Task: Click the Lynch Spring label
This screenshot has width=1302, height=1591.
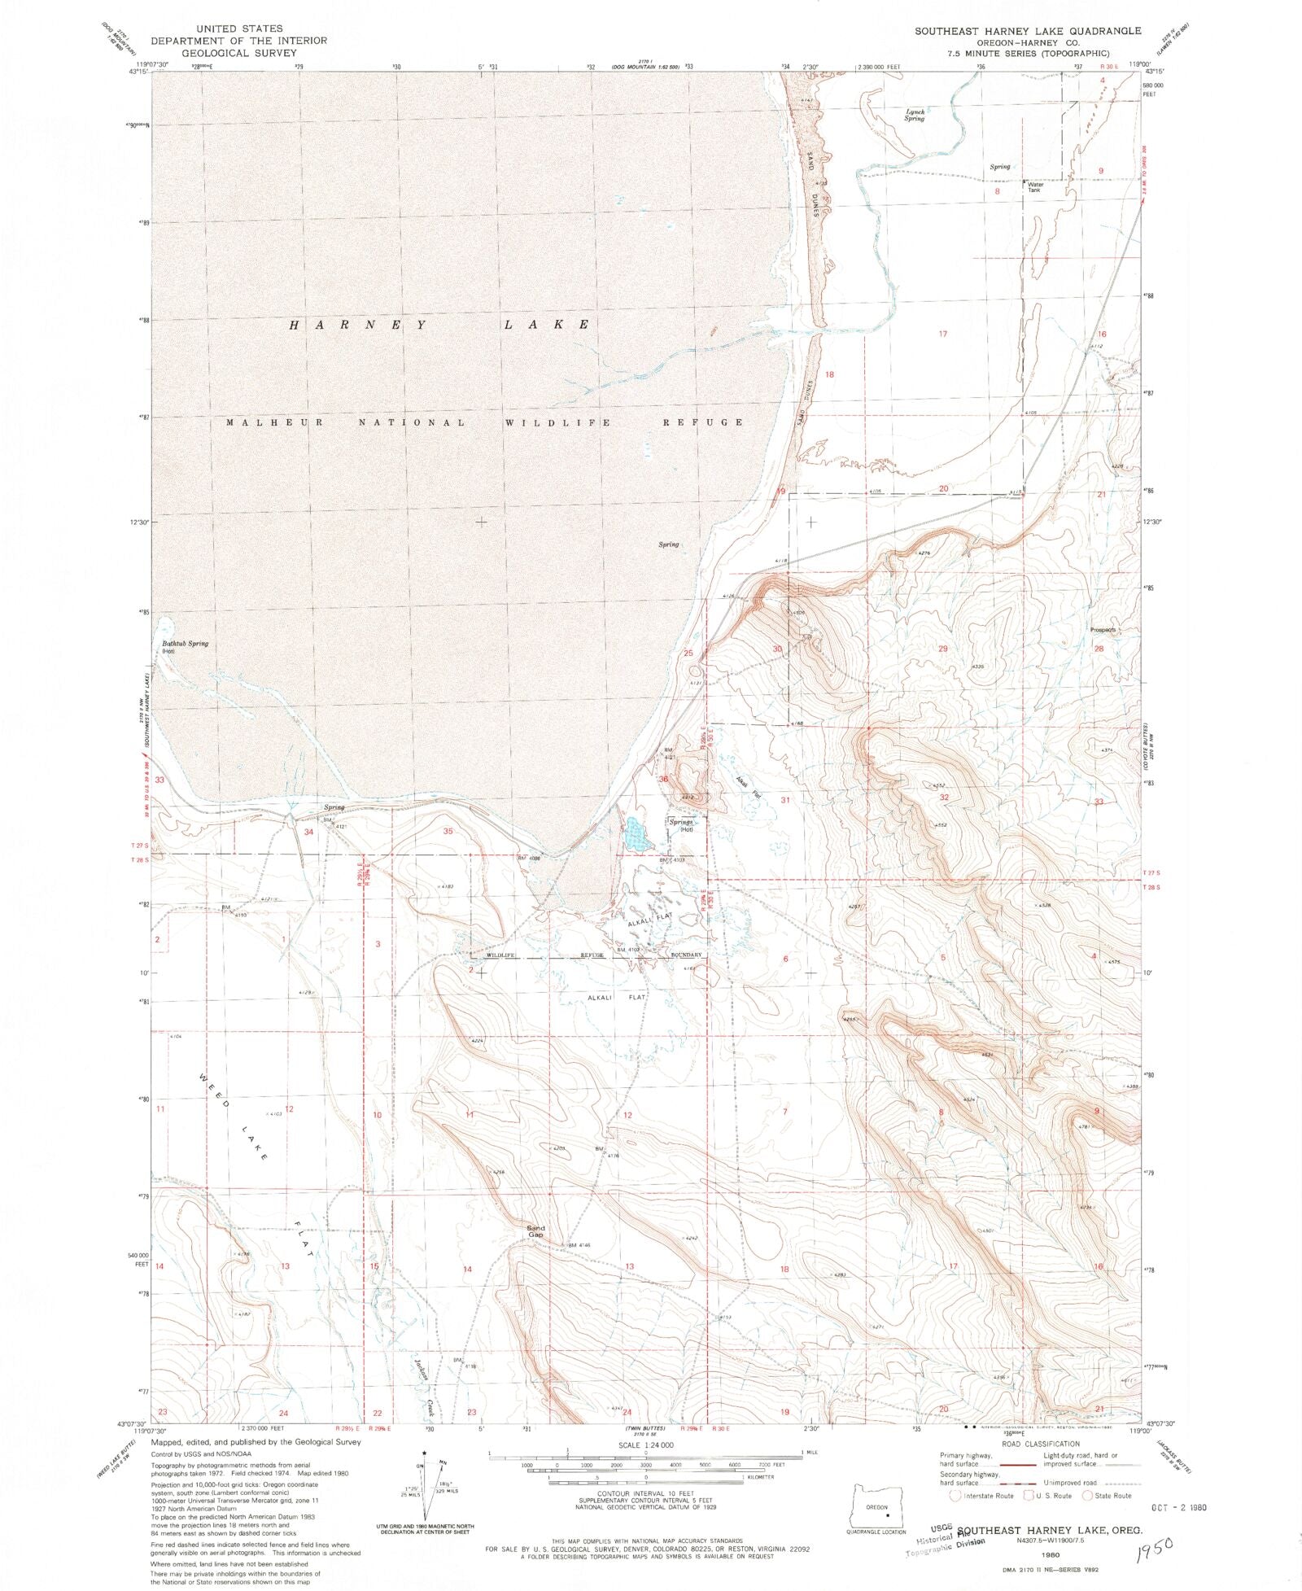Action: (x=915, y=115)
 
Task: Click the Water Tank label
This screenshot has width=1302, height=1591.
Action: (x=1035, y=187)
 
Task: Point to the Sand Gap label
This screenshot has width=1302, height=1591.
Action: (x=535, y=1231)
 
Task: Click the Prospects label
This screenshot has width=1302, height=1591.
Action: (x=1103, y=629)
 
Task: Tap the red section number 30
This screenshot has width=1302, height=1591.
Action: (x=777, y=649)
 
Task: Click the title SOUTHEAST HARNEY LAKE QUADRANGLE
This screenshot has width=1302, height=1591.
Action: (x=1028, y=30)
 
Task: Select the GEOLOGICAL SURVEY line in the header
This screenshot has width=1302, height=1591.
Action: (x=239, y=53)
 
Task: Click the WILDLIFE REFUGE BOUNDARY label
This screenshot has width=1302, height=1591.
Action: (x=594, y=955)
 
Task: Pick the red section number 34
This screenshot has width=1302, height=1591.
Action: (x=308, y=832)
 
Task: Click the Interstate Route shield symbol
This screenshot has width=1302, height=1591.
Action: (x=955, y=1495)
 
